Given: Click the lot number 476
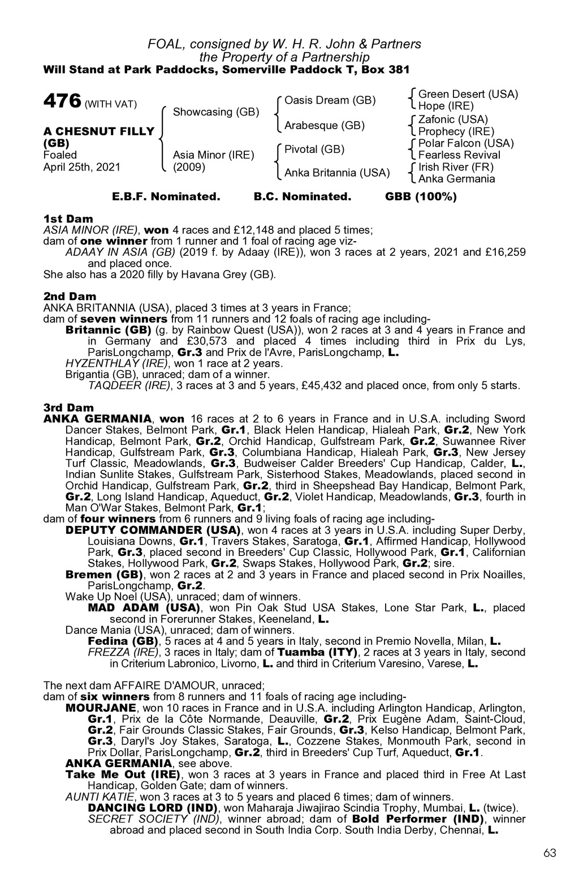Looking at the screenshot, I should click(x=62, y=102).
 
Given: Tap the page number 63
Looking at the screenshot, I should click(x=550, y=853).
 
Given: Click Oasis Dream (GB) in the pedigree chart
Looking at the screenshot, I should click(x=330, y=100).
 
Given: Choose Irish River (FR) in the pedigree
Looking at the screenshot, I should click(x=456, y=167).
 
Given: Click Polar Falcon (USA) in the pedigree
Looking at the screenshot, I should click(x=466, y=143).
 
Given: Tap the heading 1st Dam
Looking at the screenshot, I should click(x=68, y=219).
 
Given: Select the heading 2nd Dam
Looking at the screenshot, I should click(x=70, y=297).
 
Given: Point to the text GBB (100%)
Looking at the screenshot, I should click(x=421, y=197).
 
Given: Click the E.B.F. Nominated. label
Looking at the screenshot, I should click(x=166, y=197).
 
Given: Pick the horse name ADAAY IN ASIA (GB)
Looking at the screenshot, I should click(x=120, y=252).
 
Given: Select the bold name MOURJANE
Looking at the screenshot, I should click(x=101, y=708).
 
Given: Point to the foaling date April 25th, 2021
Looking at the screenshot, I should click(x=82, y=167).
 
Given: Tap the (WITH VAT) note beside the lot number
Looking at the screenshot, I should click(x=111, y=105).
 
